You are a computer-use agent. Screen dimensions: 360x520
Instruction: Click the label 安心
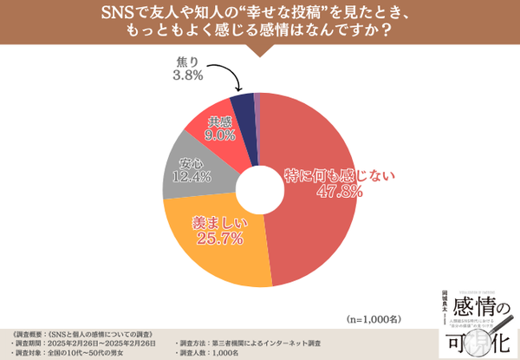pyautogui.click(x=191, y=163)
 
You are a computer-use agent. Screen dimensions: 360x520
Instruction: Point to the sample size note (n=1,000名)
pyautogui.click(x=373, y=318)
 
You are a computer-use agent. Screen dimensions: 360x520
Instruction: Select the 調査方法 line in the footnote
pyautogui.click(x=251, y=343)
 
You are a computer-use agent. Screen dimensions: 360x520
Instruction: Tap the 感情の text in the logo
pyautogui.click(x=478, y=306)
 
